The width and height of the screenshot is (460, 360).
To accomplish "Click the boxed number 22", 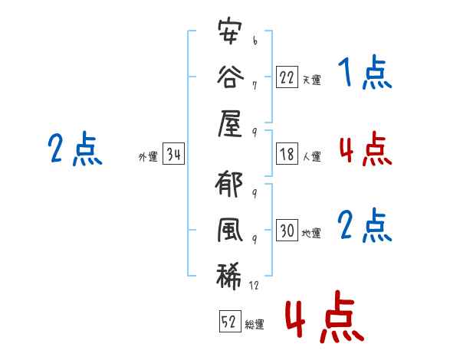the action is (x=287, y=76).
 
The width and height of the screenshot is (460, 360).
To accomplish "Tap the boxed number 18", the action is (x=287, y=154).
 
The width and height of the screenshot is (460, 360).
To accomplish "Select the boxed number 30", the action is (x=287, y=231).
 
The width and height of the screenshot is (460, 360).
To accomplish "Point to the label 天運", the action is (x=311, y=79).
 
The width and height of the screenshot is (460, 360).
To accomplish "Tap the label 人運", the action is (x=311, y=157).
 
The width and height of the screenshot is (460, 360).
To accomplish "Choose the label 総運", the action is (x=255, y=325).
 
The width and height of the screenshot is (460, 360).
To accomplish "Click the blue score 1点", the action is (x=365, y=74).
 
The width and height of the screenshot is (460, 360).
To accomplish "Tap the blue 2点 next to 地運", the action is (x=365, y=227).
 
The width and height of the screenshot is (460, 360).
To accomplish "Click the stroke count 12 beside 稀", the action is (x=255, y=285).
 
